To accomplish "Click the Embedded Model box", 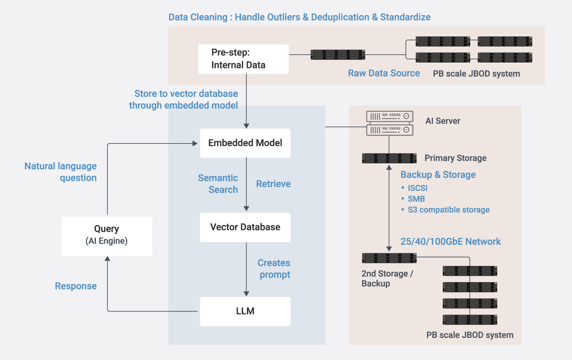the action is coord(245,143).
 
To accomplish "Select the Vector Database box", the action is coord(245,227).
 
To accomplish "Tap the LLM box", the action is coord(245,311).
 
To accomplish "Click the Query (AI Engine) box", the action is coord(107,236).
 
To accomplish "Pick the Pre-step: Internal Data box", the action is coord(243,59).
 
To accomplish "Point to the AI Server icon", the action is coord(390,123).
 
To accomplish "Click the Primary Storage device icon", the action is coord(389,158).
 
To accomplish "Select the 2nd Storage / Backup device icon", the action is coord(389,258).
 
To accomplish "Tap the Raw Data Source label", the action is coord(384,73).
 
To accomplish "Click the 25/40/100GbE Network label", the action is coord(450,241).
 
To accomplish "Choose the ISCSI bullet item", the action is coord(414,188).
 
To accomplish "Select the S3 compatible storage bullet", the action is coord(445,210).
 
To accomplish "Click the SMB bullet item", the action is coord(413,199).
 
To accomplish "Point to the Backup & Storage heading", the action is coord(438,175).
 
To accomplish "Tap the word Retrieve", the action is coord(273,184).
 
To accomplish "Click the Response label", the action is coord(76,286).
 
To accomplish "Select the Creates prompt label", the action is coord(274,269).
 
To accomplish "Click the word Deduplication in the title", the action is coord(340,17).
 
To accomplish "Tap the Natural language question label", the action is coord(60,172).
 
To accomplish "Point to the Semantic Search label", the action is coord(218,184).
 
